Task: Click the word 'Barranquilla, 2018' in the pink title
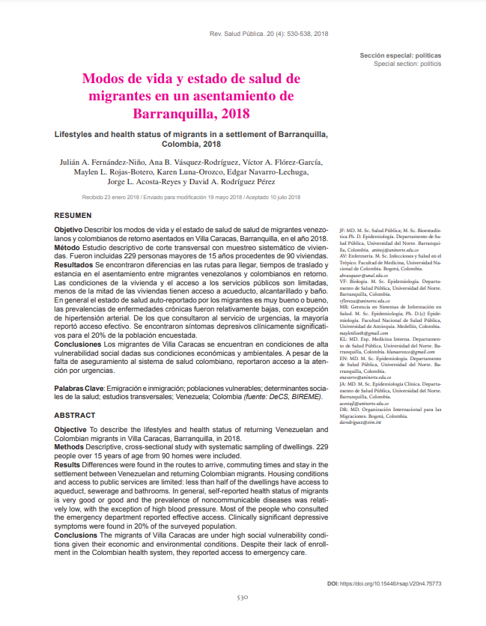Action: point(190,114)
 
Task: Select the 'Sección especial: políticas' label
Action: point(401,55)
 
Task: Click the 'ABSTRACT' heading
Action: point(75,415)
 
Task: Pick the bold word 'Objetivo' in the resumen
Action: point(70,228)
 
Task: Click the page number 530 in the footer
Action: point(243,598)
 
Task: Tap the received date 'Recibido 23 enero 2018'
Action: point(111,198)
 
